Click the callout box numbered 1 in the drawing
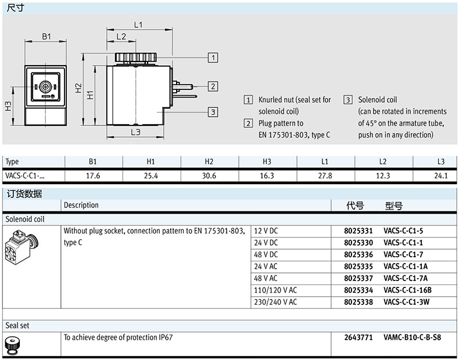point(213,57)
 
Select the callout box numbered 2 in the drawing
point(213,87)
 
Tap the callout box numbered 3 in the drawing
point(213,112)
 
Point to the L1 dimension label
point(138,25)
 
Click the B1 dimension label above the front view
point(46,36)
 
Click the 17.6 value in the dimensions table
point(93,175)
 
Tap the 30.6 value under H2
point(209,175)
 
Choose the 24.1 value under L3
point(442,175)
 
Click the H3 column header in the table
point(267,161)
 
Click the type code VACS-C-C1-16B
point(408,290)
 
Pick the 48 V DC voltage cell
point(267,254)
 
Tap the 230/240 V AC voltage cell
point(276,301)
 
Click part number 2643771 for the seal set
point(358,337)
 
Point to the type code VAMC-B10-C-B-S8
point(412,337)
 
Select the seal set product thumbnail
point(11,344)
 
